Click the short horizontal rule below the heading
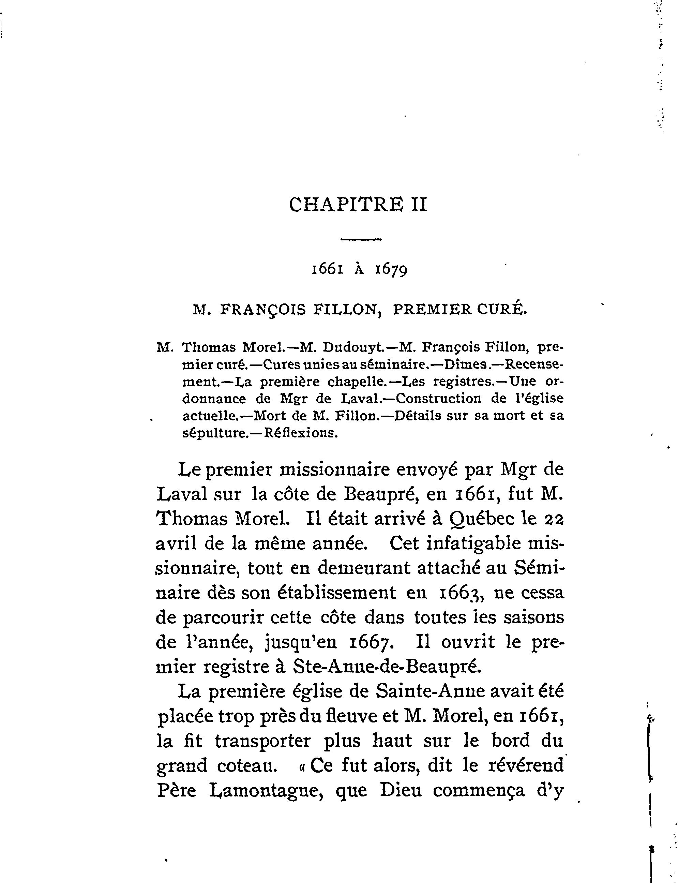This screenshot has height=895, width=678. click(361, 240)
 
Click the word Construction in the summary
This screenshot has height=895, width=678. click(438, 399)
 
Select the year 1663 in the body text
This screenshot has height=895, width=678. click(459, 594)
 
